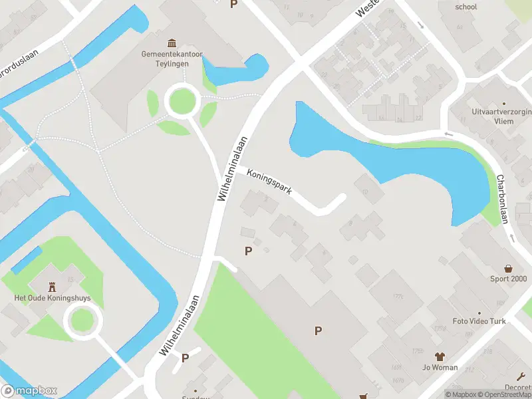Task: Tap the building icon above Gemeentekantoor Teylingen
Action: (x=172, y=43)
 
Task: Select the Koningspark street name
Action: (x=269, y=182)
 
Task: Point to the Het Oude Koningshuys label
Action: (x=53, y=298)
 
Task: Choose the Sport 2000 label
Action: (x=509, y=279)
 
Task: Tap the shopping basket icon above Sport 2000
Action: (x=509, y=268)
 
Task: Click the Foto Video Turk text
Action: (x=479, y=321)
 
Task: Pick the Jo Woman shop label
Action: (x=440, y=367)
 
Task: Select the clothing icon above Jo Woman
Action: (x=439, y=356)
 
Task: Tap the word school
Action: (x=466, y=7)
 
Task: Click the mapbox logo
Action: (x=29, y=390)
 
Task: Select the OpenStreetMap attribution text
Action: (x=502, y=394)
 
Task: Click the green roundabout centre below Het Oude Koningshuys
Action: (x=83, y=321)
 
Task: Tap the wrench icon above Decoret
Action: (x=520, y=376)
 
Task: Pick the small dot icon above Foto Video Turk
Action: (x=479, y=313)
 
